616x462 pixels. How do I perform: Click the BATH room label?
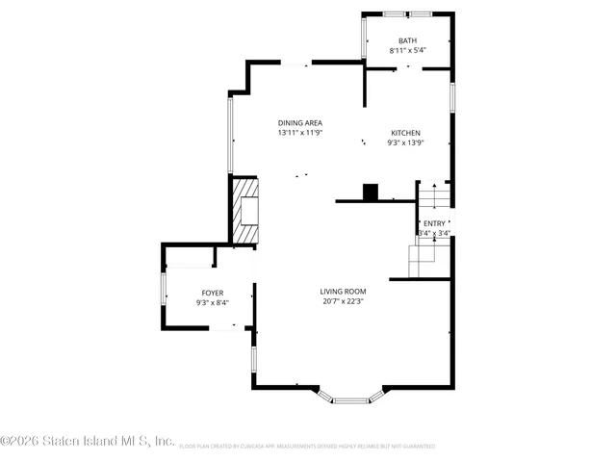pos(408,39)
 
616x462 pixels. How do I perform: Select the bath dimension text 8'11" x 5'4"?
pos(408,49)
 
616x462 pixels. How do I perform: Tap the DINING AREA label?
pos(299,122)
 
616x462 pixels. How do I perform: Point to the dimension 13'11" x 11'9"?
pos(299,133)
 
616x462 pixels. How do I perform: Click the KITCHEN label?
pos(405,133)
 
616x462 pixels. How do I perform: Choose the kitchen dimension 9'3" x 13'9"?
pos(405,142)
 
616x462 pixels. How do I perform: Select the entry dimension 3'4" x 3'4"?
pos(434,232)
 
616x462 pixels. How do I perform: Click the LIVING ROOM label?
pos(343,291)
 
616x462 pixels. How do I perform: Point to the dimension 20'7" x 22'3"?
pos(343,300)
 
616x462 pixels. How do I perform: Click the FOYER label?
pos(212,293)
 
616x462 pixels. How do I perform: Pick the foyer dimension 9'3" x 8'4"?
pos(212,302)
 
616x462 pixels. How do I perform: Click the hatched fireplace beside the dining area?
pos(246,209)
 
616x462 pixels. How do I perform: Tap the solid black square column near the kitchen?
pos(371,192)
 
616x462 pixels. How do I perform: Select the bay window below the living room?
pos(350,396)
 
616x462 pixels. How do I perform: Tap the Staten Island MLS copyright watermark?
pos(88,441)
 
